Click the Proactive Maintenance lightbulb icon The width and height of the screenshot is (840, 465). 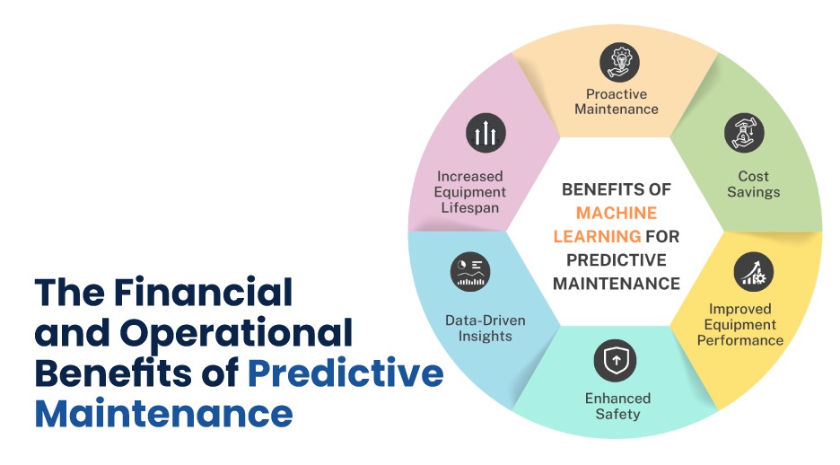pyautogui.click(x=619, y=62)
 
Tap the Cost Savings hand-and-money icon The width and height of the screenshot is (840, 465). pyautogui.click(x=744, y=133)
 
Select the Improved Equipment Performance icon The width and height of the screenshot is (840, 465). pyautogui.click(x=753, y=272)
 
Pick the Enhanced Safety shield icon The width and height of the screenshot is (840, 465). pyautogui.click(x=615, y=360)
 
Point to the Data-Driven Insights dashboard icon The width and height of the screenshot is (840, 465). pyautogui.click(x=470, y=272)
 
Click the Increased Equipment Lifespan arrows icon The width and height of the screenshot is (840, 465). pyautogui.click(x=486, y=133)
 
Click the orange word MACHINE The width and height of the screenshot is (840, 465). pyautogui.click(x=616, y=214)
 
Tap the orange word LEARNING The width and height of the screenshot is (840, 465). pyautogui.click(x=597, y=236)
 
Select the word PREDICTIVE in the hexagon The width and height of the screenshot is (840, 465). pyautogui.click(x=617, y=259)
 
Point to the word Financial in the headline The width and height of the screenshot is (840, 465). pyautogui.click(x=204, y=292)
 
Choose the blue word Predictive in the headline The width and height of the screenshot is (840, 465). pyautogui.click(x=346, y=373)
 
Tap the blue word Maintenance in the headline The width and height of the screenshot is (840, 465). pyautogui.click(x=164, y=413)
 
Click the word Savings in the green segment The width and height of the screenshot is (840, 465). pyautogui.click(x=753, y=192)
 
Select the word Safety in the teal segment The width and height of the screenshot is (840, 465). pyautogui.click(x=617, y=414)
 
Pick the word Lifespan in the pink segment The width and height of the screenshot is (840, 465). pyautogui.click(x=470, y=208)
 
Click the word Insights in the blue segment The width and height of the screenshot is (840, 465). pyautogui.click(x=486, y=337)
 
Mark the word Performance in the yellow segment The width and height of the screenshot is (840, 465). pyautogui.click(x=740, y=341)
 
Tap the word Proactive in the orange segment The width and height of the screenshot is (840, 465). pyautogui.click(x=617, y=94)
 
